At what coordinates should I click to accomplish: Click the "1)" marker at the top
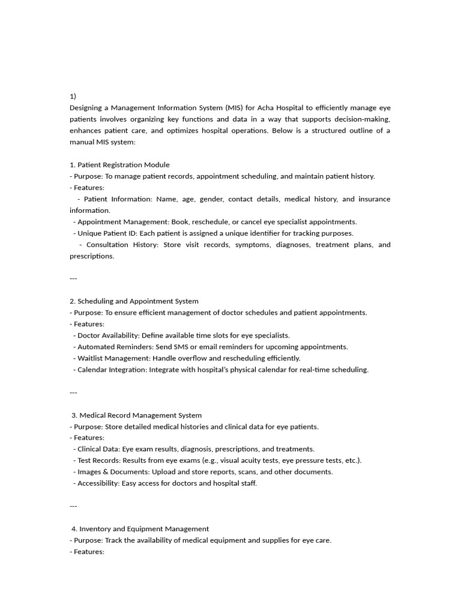tap(73, 96)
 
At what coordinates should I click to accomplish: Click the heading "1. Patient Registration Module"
tap(119, 164)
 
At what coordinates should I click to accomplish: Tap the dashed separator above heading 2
tap(73, 278)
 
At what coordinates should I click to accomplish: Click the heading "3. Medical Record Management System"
tap(137, 415)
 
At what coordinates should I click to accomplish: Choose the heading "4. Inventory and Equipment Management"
tap(140, 529)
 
